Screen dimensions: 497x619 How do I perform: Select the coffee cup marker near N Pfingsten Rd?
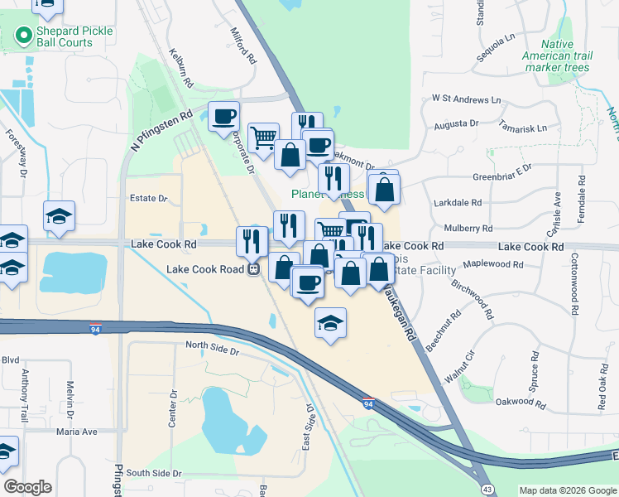point(223,118)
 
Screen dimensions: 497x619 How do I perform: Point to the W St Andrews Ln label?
point(467,99)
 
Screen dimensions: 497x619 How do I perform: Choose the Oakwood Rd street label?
point(521,403)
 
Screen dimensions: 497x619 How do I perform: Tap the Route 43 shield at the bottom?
point(488,490)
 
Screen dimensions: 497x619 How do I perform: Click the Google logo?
point(27,487)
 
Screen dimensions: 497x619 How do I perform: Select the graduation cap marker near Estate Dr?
point(60,217)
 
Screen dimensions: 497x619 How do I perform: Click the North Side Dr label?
point(212,350)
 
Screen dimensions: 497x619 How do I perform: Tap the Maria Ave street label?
point(77,432)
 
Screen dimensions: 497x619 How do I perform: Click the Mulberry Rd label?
point(468,228)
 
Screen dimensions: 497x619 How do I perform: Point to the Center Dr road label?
point(174,410)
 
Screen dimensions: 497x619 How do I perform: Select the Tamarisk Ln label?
point(522,128)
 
